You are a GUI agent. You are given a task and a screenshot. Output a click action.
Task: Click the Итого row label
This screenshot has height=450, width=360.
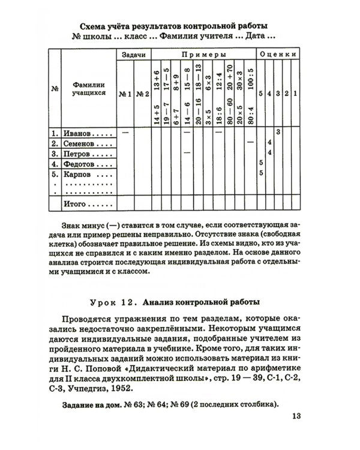pyautogui.click(x=76, y=205)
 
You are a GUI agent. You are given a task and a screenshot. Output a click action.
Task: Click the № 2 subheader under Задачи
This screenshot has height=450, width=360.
pyautogui.click(x=142, y=94)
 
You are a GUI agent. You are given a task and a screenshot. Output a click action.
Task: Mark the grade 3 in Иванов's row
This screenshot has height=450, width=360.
pyautogui.click(x=278, y=131)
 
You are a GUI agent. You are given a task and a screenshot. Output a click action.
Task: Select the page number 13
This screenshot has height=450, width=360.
pyautogui.click(x=298, y=416)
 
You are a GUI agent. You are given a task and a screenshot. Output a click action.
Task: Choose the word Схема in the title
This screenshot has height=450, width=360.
pyautogui.click(x=94, y=26)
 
